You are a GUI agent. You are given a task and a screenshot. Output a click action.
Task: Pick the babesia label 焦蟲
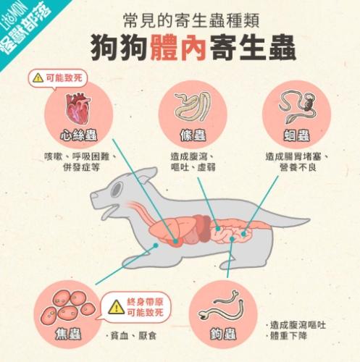point(67,334)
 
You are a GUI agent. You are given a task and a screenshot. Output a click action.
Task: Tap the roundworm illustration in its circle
point(297,106)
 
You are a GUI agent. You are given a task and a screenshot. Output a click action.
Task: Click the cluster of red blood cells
point(67,305)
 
